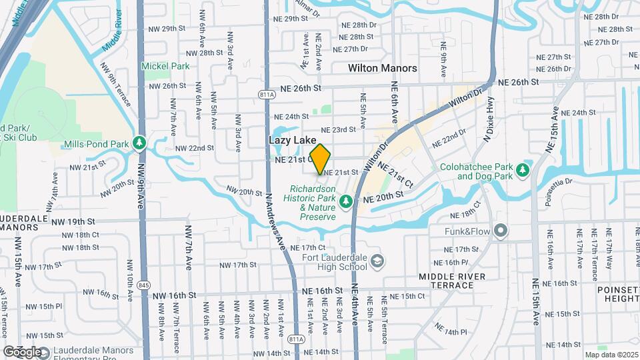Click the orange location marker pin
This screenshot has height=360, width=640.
pos(320,159)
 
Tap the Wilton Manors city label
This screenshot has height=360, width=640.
pos(383,68)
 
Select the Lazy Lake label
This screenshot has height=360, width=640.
pos(292,141)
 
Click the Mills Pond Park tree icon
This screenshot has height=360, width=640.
pos(139,142)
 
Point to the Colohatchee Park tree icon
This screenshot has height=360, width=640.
pos(522,169)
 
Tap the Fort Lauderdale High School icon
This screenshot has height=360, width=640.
pos(377,260)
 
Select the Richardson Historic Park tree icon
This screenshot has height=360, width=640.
pos(346,200)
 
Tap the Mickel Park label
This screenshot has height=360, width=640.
pos(165,66)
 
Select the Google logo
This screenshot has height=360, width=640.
pos(22,351)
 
